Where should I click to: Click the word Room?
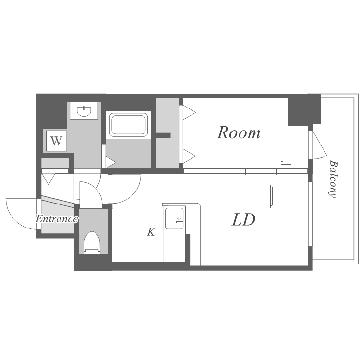pyautogui.click(x=239, y=132)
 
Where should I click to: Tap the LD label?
pyautogui.click(x=243, y=219)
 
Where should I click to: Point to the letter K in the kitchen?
pyautogui.click(x=151, y=232)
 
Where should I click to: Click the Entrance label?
pyautogui.click(x=57, y=219)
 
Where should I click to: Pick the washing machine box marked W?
pyautogui.click(x=57, y=141)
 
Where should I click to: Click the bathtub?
pyautogui.click(x=129, y=124)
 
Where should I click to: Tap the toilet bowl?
pyautogui.click(x=92, y=242)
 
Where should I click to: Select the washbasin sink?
pyautogui.click(x=84, y=111)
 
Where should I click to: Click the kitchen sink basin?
pyautogui.click(x=174, y=218)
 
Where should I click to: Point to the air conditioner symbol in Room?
pyautogui.click(x=286, y=151)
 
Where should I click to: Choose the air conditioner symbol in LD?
pyautogui.click(x=275, y=196)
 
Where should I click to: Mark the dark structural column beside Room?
pyautogui.click(x=304, y=110)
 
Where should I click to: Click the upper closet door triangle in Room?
pyautogui.click(x=189, y=112)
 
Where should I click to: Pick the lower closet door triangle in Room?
pyautogui.click(x=189, y=156)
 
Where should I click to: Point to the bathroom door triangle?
pyautogui.click(x=110, y=162)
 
